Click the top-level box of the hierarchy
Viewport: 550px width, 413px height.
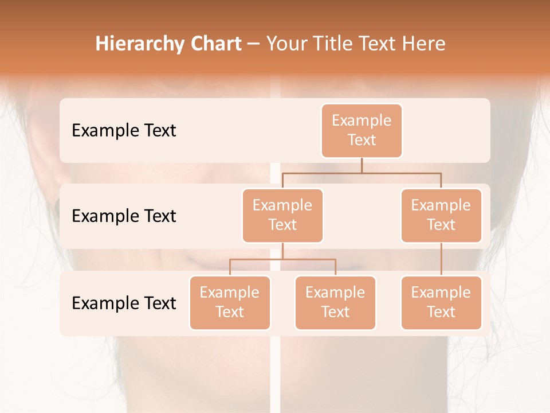click(362, 130)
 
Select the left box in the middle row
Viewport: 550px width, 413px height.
click(282, 215)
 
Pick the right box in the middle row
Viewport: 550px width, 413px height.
click(441, 215)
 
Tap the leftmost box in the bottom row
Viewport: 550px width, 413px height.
click(230, 302)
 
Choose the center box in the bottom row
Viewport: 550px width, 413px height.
click(335, 302)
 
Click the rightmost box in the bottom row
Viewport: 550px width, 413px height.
click(441, 302)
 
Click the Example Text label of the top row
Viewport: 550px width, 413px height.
click(124, 131)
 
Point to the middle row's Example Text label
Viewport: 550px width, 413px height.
click(124, 216)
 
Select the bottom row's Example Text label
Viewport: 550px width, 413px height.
click(124, 303)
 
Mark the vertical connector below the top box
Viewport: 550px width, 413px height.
click(362, 165)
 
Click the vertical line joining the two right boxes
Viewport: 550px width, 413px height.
click(441, 259)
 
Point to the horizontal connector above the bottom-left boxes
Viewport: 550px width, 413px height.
click(282, 259)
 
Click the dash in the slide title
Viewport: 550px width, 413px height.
click(253, 44)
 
